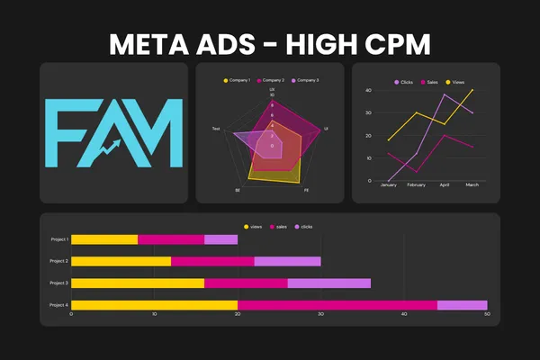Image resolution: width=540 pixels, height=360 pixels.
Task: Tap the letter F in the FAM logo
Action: (x=68, y=134)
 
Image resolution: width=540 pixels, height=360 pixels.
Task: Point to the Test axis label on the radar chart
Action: (x=216, y=130)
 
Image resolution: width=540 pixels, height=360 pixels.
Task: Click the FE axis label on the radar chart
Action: (x=306, y=191)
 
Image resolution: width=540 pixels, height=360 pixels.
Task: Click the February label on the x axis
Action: (x=416, y=185)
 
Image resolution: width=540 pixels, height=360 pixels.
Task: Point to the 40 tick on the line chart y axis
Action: (x=369, y=91)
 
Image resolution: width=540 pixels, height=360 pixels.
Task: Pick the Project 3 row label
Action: (x=58, y=283)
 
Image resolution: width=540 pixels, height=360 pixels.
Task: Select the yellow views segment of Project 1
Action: (x=104, y=239)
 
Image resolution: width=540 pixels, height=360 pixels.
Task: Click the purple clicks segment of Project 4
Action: (x=462, y=305)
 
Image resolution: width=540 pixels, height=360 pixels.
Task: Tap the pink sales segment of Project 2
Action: (x=212, y=261)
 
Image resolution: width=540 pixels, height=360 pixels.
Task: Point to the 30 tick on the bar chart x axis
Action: (x=321, y=315)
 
